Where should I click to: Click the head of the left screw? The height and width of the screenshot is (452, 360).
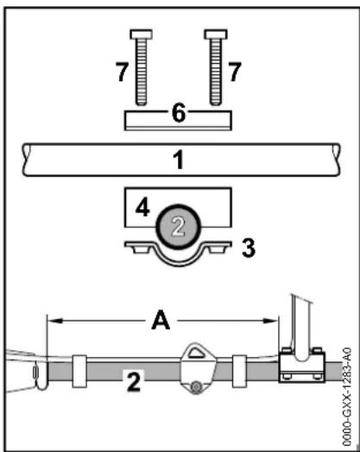click(141, 35)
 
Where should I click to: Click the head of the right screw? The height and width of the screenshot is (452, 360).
click(216, 35)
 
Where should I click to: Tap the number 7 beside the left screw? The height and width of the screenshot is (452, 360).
click(122, 72)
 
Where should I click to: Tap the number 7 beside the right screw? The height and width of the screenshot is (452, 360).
click(235, 72)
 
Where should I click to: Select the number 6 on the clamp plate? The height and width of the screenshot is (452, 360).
click(179, 113)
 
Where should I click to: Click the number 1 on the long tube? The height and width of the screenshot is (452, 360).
click(179, 160)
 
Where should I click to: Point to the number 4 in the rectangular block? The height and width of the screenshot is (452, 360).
click(142, 207)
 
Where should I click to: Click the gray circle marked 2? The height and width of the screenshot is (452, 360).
click(179, 226)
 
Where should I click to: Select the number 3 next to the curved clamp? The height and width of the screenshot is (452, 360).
click(249, 248)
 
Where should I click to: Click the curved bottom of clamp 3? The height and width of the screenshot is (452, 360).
click(179, 263)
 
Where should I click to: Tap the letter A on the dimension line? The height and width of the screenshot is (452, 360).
click(161, 320)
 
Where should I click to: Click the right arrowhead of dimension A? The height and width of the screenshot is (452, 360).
click(271, 321)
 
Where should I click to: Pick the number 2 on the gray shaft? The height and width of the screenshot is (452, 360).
click(134, 381)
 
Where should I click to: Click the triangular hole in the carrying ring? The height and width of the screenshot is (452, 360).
click(196, 353)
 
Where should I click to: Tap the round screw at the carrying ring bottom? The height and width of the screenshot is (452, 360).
click(196, 387)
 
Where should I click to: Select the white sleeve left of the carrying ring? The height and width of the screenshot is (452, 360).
click(79, 371)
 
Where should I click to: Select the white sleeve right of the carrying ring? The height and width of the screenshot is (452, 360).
click(239, 371)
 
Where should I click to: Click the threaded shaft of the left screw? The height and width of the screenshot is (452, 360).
click(141, 72)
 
